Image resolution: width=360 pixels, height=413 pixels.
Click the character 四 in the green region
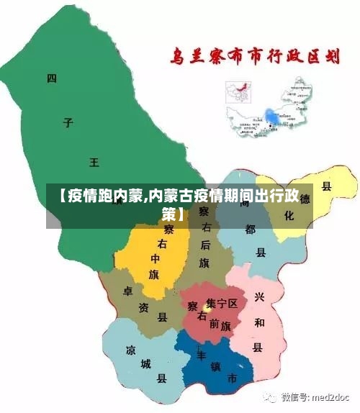(50, 78)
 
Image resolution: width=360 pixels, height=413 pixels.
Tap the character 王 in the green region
(94, 163)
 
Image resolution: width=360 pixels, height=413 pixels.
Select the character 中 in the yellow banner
(155, 258)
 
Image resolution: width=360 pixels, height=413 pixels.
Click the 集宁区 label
(221, 304)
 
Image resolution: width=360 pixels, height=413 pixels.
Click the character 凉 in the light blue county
(130, 351)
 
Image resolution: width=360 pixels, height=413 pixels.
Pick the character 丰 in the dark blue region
(202, 354)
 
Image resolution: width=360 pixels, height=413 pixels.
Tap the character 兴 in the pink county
(258, 297)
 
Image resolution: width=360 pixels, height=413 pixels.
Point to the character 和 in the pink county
(258, 322)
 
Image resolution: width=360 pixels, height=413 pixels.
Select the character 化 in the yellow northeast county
(289, 215)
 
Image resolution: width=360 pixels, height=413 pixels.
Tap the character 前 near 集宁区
(215, 324)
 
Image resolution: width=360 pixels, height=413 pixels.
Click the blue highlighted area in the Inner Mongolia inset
(272, 117)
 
